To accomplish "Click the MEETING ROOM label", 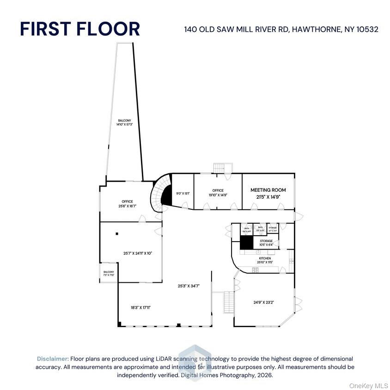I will tap(268, 190).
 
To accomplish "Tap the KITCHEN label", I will tap(265, 258).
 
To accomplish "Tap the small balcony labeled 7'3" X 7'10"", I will tap(109, 274).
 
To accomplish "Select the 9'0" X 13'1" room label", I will tap(183, 193).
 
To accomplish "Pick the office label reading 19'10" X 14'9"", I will tap(218, 193).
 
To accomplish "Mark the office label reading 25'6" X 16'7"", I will tap(128, 204).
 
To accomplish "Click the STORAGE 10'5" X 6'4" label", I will tap(266, 243).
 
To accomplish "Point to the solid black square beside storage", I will tap(247, 243).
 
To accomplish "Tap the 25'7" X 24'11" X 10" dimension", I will tap(138, 253).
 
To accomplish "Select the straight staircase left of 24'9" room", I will tap(228, 303).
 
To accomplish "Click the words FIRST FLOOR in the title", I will tap(80, 29).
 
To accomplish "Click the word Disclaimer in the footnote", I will tap(53, 359).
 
